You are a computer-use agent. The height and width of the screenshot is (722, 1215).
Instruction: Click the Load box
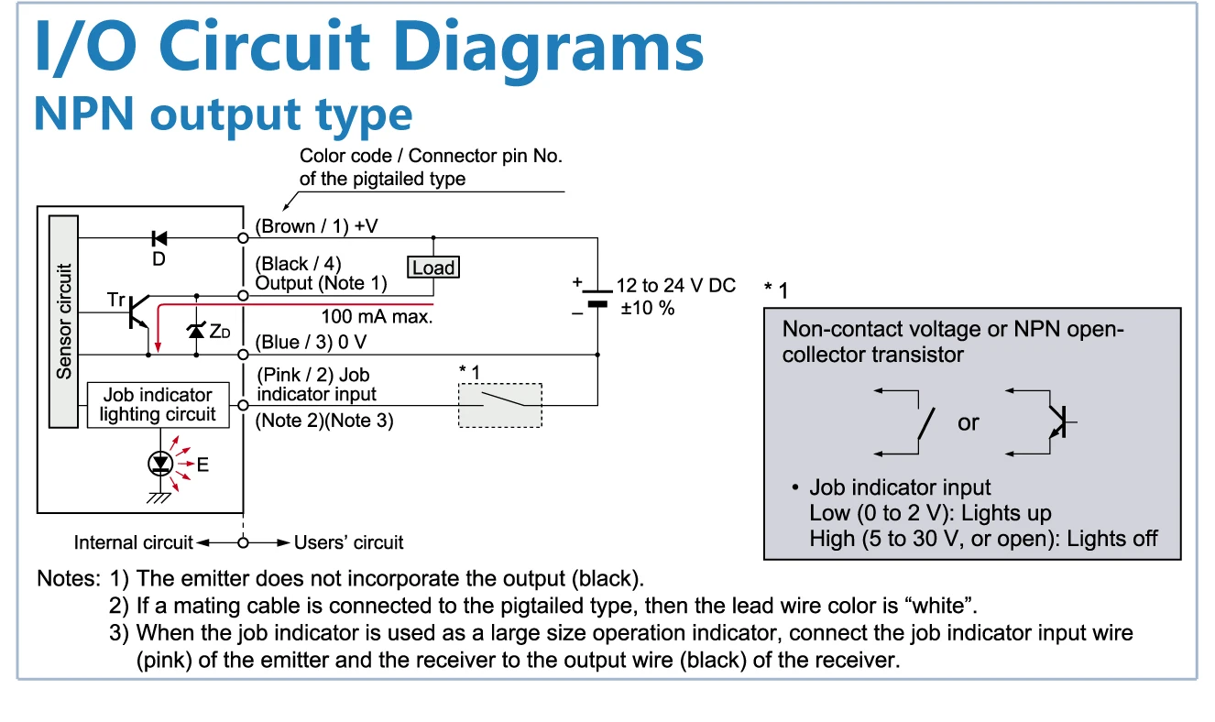coord(433,268)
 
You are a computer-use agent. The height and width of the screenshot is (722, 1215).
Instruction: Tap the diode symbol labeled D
coord(159,238)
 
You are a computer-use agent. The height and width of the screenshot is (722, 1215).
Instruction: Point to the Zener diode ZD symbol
coord(196,330)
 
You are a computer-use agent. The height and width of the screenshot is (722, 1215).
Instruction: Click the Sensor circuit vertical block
coord(63,322)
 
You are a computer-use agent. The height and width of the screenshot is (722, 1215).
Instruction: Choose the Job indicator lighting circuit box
coord(158,405)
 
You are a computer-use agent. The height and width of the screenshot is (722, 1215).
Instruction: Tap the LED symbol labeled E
coord(160,464)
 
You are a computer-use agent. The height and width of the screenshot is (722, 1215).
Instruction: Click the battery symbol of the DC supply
coord(597,298)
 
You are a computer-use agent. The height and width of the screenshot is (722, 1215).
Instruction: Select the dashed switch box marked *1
coord(500,405)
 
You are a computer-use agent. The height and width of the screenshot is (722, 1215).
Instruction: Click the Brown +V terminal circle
coord(244,238)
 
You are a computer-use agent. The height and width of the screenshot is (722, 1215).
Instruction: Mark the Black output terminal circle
coord(244,296)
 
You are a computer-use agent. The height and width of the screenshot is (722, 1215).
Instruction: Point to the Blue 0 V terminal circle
coord(244,355)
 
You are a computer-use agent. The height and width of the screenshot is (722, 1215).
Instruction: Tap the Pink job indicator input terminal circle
coord(244,405)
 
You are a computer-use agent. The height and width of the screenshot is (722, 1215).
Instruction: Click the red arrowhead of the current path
coord(158,346)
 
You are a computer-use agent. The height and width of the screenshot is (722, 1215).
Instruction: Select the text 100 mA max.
coord(377,316)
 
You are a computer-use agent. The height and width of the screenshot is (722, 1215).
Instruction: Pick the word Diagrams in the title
coord(548,48)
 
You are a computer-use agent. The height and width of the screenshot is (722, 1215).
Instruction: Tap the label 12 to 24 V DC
coord(676,285)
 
